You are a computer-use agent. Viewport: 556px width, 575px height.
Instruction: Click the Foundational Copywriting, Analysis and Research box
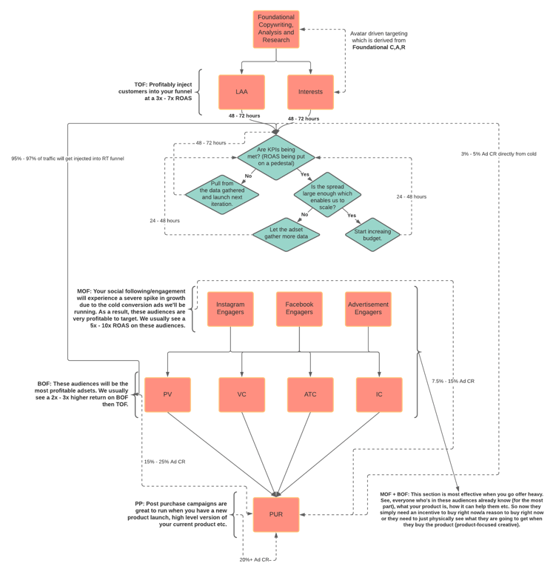[276, 30]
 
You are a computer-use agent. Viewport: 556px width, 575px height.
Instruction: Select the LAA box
[241, 92]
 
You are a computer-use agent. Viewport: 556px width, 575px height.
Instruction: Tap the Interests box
[310, 92]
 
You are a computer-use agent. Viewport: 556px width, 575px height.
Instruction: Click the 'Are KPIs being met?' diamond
[276, 157]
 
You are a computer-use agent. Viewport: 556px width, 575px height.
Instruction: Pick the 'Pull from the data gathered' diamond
[222, 194]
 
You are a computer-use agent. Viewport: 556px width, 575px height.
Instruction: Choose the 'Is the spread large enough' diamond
[327, 195]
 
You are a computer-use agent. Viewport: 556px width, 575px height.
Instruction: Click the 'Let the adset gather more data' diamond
[286, 234]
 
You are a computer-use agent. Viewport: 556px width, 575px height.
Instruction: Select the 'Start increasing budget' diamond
[372, 235]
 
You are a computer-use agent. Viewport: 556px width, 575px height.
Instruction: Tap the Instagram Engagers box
[230, 309]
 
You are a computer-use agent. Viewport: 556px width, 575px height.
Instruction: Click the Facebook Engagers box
[299, 309]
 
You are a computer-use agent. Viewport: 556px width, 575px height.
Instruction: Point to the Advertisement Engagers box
[368, 309]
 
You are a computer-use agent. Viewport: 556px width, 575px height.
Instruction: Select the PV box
[167, 395]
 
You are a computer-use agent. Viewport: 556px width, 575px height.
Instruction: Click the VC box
[241, 395]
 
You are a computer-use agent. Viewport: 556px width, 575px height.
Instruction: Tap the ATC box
[310, 395]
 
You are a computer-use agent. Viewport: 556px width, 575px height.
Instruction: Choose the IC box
[379, 395]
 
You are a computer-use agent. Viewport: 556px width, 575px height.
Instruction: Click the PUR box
[276, 514]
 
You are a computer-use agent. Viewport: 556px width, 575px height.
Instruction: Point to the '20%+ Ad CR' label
[255, 559]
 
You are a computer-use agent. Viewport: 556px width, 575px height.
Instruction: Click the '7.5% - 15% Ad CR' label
[453, 381]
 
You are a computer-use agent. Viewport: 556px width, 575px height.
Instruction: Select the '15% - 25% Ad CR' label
[164, 462]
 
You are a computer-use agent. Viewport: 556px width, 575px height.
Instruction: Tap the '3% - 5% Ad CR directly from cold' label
[498, 154]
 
